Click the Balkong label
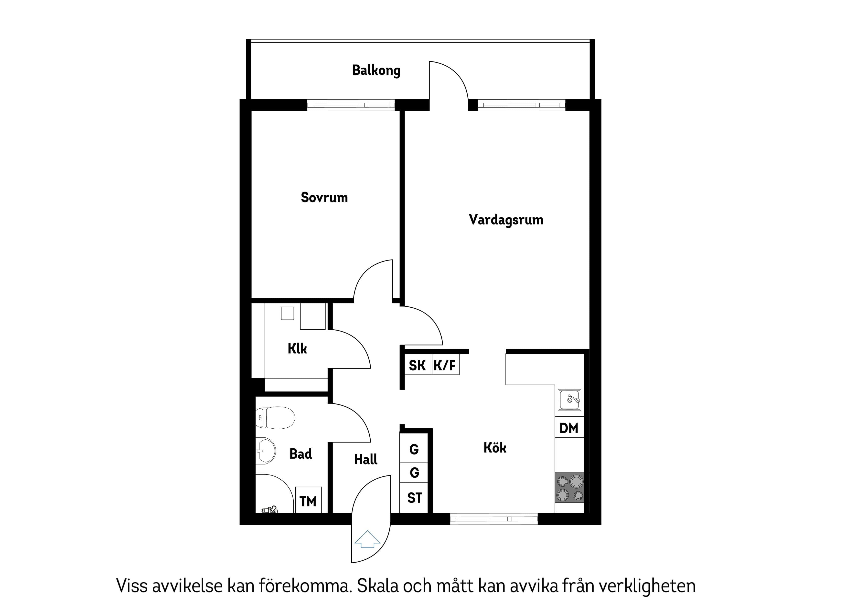coord(376,71)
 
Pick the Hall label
coord(365,459)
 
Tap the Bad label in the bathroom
coord(300,454)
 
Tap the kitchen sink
coord(569,400)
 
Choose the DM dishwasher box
coord(569,428)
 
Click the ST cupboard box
coord(414,498)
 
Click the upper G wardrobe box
coord(414,449)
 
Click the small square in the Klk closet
coord(287,313)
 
